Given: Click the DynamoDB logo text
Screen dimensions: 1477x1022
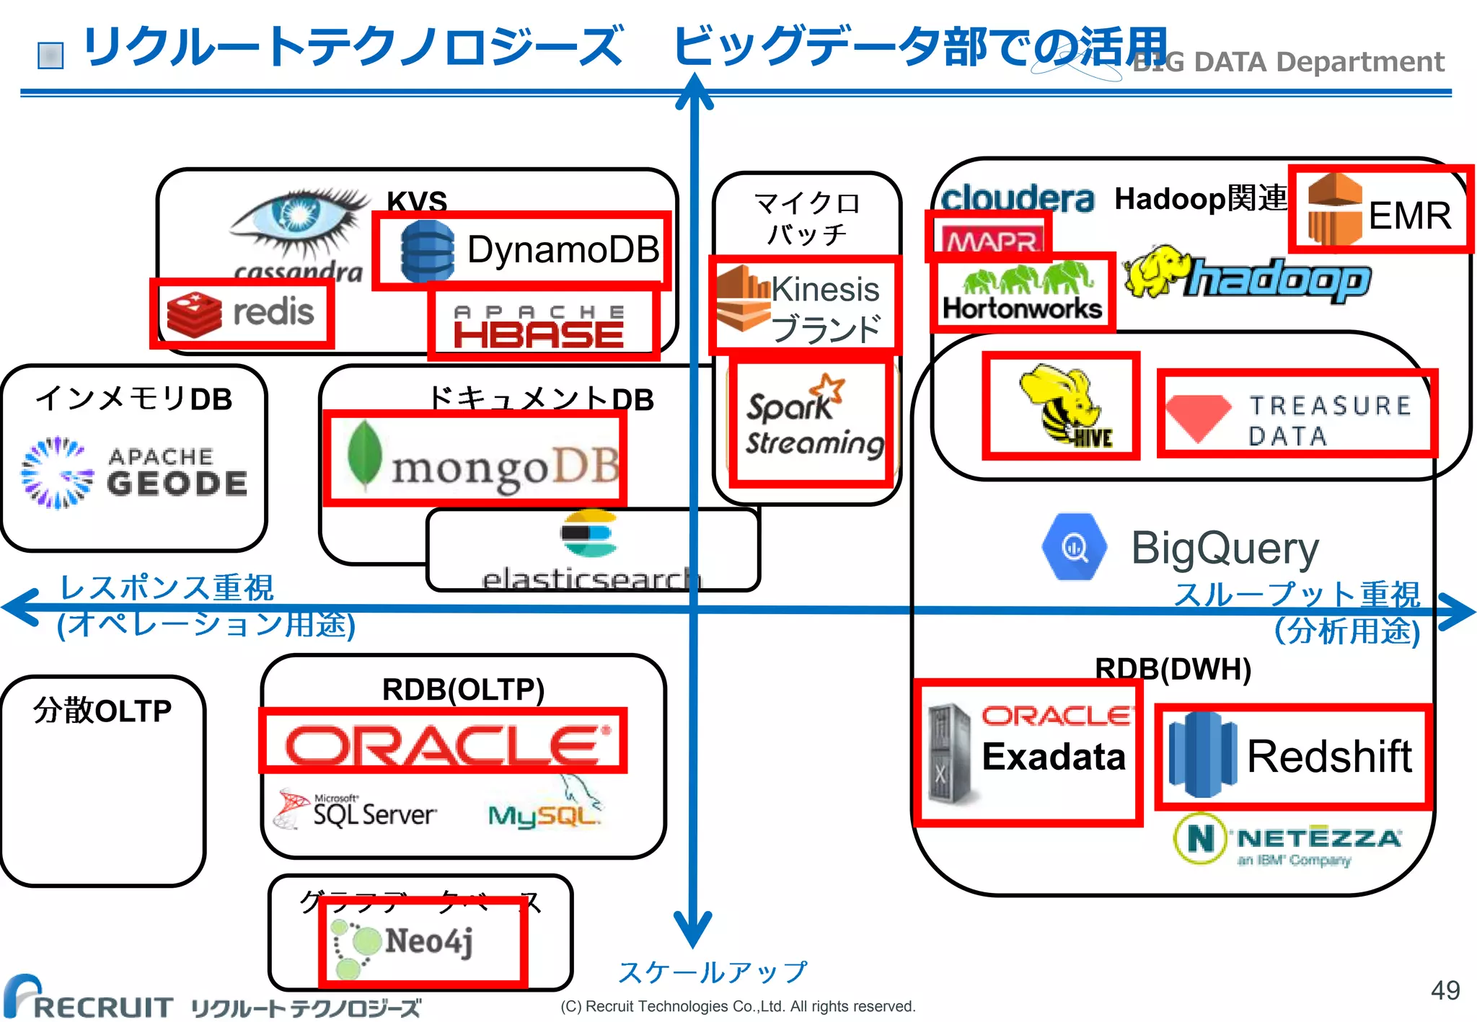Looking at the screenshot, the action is [x=563, y=250].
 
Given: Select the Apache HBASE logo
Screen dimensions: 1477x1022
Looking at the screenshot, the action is [x=539, y=328].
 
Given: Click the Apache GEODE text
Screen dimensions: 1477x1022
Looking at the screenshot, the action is [x=176, y=472].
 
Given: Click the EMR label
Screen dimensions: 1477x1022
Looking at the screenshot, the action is [x=1409, y=215].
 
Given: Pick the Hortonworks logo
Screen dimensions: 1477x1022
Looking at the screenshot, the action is [x=1022, y=293].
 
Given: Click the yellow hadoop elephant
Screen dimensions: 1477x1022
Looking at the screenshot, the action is [x=1158, y=272].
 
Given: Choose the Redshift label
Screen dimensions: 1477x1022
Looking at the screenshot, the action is [x=1328, y=757].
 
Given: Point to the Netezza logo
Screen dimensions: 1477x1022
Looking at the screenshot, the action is [x=1287, y=840].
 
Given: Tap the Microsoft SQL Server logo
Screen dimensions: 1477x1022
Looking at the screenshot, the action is [x=357, y=811].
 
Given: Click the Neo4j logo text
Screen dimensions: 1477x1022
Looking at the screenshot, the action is [x=429, y=941].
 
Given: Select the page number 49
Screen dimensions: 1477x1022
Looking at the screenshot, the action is [x=1445, y=990].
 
